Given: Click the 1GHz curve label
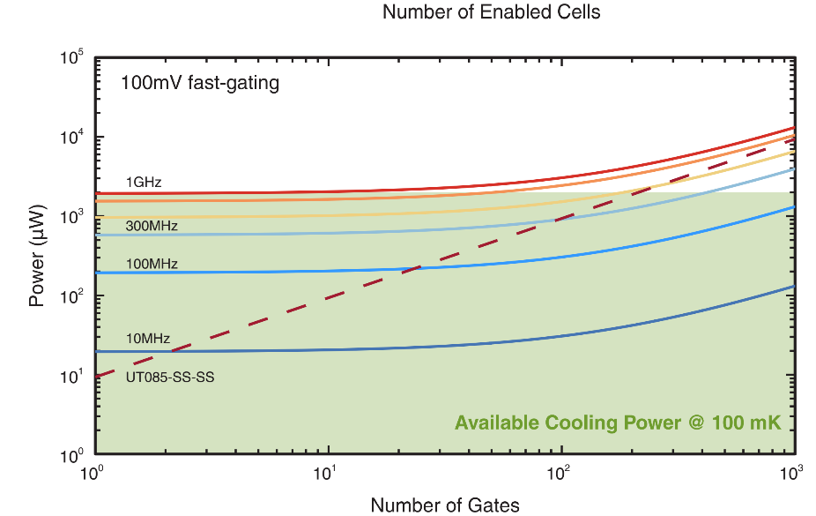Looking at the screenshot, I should [144, 183].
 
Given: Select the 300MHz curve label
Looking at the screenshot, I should [152, 227].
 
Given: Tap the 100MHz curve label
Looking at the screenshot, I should [152, 264].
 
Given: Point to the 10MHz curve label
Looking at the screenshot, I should [148, 338].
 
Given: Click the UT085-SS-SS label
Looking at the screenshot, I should [170, 377].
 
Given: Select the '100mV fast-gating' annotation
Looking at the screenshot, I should [200, 85].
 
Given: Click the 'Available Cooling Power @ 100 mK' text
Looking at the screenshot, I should [618, 423].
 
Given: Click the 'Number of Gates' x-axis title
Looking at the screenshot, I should [445, 505].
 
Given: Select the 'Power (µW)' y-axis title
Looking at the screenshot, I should [36, 257].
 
